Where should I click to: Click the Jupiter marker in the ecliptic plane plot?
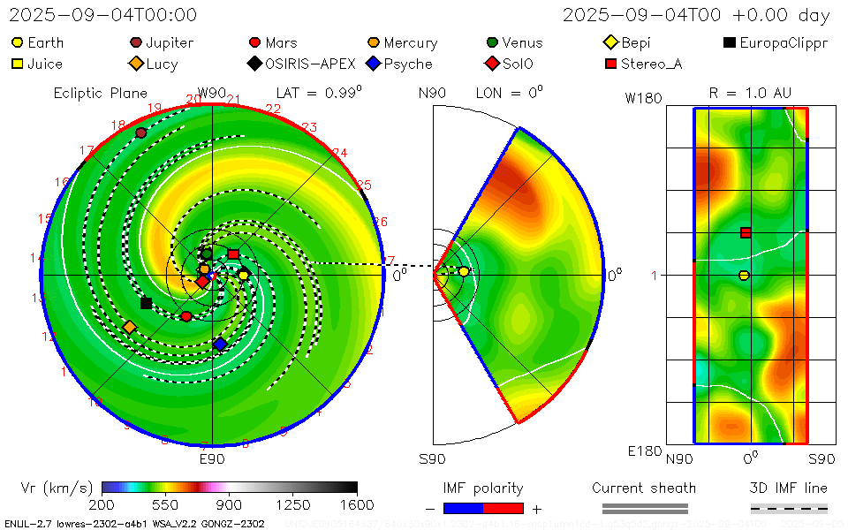point(140,132)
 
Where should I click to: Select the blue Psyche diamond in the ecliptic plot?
point(220,344)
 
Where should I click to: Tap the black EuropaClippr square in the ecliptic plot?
point(146,303)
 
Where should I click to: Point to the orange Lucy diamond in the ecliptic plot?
point(129,327)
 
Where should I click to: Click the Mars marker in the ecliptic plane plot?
point(185,316)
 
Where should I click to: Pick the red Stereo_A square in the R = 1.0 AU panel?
point(746,232)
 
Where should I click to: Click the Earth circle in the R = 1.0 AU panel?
point(744,276)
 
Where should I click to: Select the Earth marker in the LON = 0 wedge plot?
point(464,271)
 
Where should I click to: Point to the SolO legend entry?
point(510,64)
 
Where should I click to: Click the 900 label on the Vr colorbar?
point(230,505)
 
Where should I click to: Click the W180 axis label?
point(643,98)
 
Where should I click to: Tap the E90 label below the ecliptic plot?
point(212,459)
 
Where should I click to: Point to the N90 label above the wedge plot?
point(432,92)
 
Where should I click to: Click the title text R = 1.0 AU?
point(750,92)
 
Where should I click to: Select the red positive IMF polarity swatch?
point(503,508)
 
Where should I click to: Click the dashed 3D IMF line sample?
point(789,508)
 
